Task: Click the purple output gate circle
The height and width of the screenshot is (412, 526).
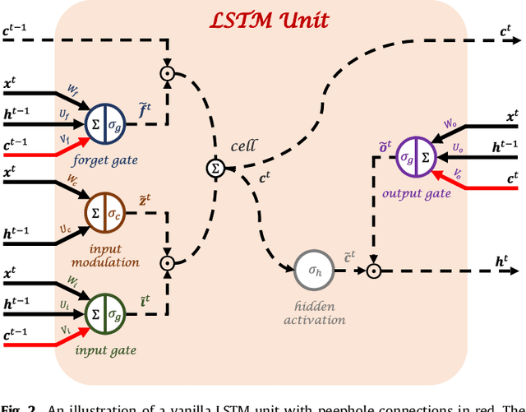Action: [413, 155]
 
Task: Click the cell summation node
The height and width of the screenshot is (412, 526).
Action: [215, 169]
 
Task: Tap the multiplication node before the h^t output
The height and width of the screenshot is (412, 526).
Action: [373, 270]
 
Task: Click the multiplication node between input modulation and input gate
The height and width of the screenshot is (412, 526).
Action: [168, 263]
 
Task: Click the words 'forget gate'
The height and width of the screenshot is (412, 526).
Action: [104, 160]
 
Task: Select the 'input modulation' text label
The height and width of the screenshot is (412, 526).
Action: [104, 254]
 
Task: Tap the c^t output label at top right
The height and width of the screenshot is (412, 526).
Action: [506, 31]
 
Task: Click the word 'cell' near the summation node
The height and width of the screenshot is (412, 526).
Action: [244, 146]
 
